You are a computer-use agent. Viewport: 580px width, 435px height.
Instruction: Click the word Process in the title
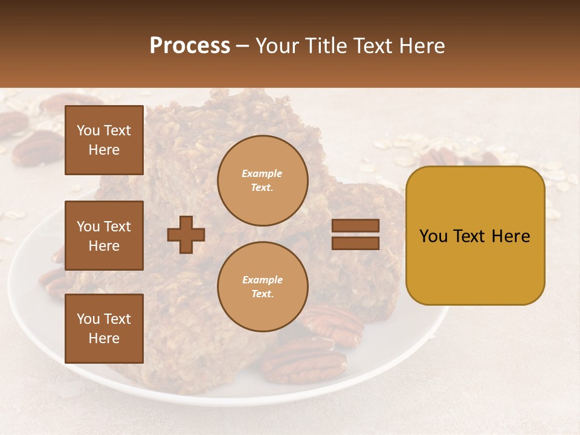click(x=190, y=46)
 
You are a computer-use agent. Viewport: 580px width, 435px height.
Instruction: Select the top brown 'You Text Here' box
click(x=104, y=140)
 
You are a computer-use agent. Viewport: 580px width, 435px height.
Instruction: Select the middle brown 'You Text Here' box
click(x=104, y=236)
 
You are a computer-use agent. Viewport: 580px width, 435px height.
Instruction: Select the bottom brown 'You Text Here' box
click(x=104, y=328)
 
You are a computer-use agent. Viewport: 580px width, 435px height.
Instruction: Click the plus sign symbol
click(x=186, y=234)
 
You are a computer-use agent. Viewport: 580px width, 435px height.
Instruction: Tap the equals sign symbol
click(x=355, y=234)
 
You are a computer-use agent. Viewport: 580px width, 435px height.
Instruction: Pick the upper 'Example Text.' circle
click(x=263, y=181)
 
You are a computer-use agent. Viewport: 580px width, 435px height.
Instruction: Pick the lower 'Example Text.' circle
click(x=263, y=287)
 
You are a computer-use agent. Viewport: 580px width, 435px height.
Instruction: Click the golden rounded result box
click(x=475, y=235)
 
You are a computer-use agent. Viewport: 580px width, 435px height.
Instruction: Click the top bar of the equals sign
click(x=355, y=226)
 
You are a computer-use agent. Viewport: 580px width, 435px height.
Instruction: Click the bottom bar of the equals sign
click(x=355, y=243)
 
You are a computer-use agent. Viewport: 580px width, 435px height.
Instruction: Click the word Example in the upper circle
click(x=262, y=173)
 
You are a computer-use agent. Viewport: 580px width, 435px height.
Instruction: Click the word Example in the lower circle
click(x=262, y=280)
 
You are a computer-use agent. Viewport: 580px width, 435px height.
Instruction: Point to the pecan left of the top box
click(x=36, y=148)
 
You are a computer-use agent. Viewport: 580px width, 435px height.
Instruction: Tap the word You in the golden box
click(x=433, y=236)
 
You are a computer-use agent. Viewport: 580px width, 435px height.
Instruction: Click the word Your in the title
click(x=277, y=46)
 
